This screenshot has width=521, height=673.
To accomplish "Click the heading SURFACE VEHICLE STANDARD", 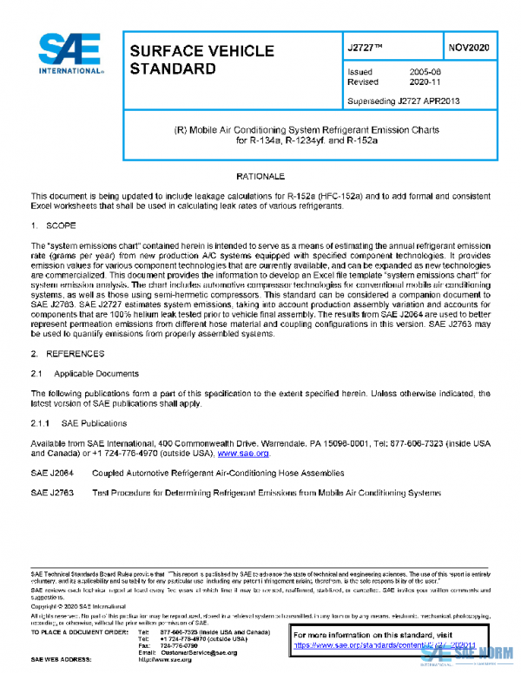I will tap(181, 59).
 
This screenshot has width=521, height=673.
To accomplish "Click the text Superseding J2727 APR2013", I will tap(403, 101).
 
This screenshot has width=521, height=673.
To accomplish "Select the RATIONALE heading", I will tap(260, 176).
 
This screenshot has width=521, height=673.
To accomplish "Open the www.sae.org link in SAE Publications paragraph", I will tap(243, 454).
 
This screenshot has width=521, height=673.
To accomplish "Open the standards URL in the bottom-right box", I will tap(382, 645).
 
